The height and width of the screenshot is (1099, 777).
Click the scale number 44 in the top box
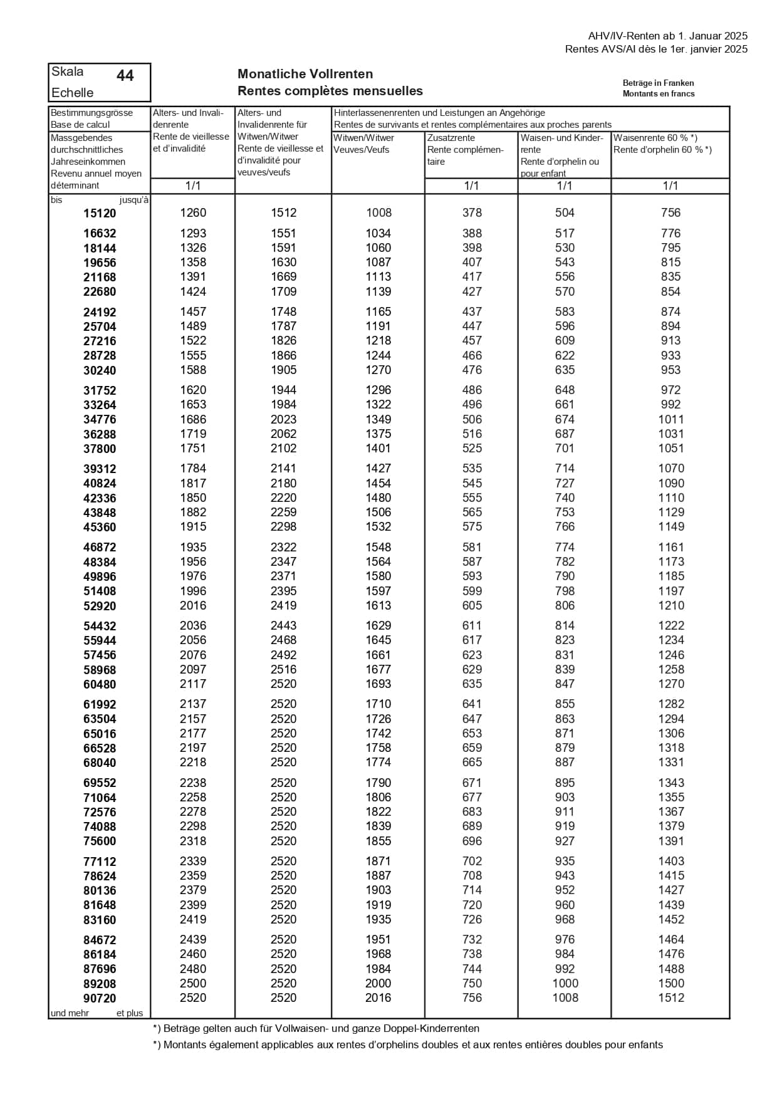pyautogui.click(x=125, y=75)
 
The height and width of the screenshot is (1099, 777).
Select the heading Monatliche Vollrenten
pyautogui.click(x=305, y=74)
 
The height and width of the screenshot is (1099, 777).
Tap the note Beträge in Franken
pyautogui.click(x=658, y=83)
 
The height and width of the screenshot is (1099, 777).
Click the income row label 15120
pyautogui.click(x=100, y=214)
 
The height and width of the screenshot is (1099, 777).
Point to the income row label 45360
pyautogui.click(x=100, y=528)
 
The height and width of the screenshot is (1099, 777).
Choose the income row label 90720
pyautogui.click(x=100, y=999)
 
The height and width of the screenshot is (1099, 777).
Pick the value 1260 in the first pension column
pyautogui.click(x=193, y=213)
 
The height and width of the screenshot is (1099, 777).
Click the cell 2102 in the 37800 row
pyautogui.click(x=283, y=449)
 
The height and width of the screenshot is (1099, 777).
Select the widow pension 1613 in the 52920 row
pyautogui.click(x=378, y=606)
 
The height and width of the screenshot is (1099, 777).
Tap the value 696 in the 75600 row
pyautogui.click(x=472, y=841)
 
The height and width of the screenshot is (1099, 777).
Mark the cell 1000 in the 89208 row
pyautogui.click(x=565, y=984)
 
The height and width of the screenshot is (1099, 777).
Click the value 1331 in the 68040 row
pyautogui.click(x=671, y=763)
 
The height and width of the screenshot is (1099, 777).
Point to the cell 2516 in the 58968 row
pyautogui.click(x=283, y=670)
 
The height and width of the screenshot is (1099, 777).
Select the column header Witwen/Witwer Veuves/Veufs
pyautogui.click(x=364, y=143)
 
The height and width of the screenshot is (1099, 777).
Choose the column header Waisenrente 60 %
pyautogui.click(x=655, y=138)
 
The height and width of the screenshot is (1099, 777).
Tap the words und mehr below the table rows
pyautogui.click(x=70, y=1013)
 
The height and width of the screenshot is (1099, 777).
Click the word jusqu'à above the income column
pyautogui.click(x=134, y=201)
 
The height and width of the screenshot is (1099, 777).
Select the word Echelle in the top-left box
pyautogui.click(x=73, y=93)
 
